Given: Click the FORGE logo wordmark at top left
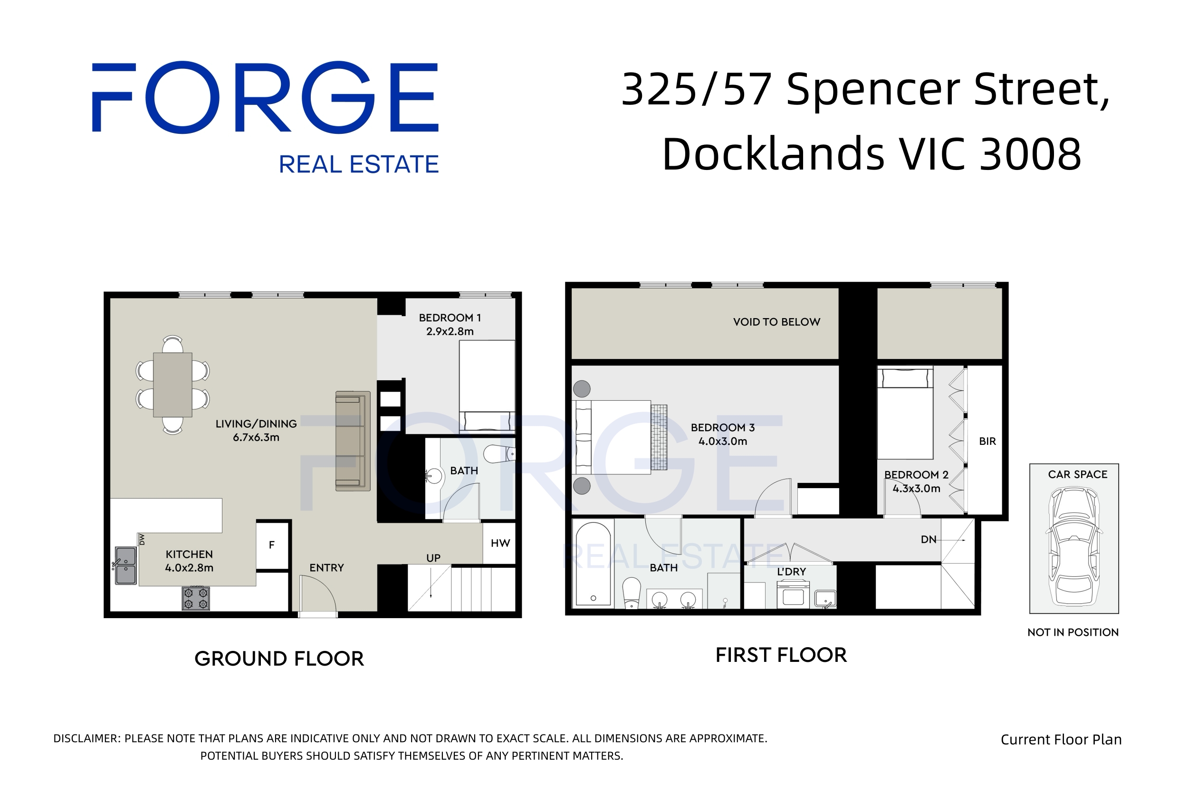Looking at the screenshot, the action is [265, 97].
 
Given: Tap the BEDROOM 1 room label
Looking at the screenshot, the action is [450, 318].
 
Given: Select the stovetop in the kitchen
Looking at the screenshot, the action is [196, 598].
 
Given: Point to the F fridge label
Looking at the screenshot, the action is [272, 545].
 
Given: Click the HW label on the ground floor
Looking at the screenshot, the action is [500, 543].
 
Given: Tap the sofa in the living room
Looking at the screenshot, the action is [353, 441].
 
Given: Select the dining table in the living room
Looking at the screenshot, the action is [172, 385].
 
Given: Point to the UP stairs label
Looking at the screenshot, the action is [433, 558].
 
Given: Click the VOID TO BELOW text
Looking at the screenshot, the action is [776, 322].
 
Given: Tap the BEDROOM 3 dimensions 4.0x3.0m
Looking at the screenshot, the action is [722, 442].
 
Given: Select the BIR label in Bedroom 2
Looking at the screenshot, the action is [987, 442].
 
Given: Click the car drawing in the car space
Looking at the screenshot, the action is [1074, 546].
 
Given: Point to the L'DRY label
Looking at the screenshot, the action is [791, 572].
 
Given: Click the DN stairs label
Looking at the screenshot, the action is [929, 539].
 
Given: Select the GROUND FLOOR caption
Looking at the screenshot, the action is [279, 659].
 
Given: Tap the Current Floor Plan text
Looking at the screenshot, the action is [1061, 740].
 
